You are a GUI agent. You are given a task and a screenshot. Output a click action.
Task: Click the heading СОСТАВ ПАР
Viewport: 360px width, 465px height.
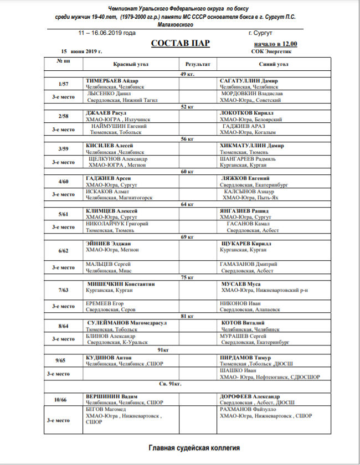180,43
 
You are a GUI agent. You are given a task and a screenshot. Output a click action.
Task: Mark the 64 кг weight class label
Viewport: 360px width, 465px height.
186,204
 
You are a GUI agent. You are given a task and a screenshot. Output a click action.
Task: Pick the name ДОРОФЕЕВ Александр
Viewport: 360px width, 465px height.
250,397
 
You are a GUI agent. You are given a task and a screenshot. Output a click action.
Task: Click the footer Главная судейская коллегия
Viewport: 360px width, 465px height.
194,447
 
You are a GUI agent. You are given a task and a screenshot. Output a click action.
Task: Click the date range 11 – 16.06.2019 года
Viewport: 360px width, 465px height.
107,33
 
